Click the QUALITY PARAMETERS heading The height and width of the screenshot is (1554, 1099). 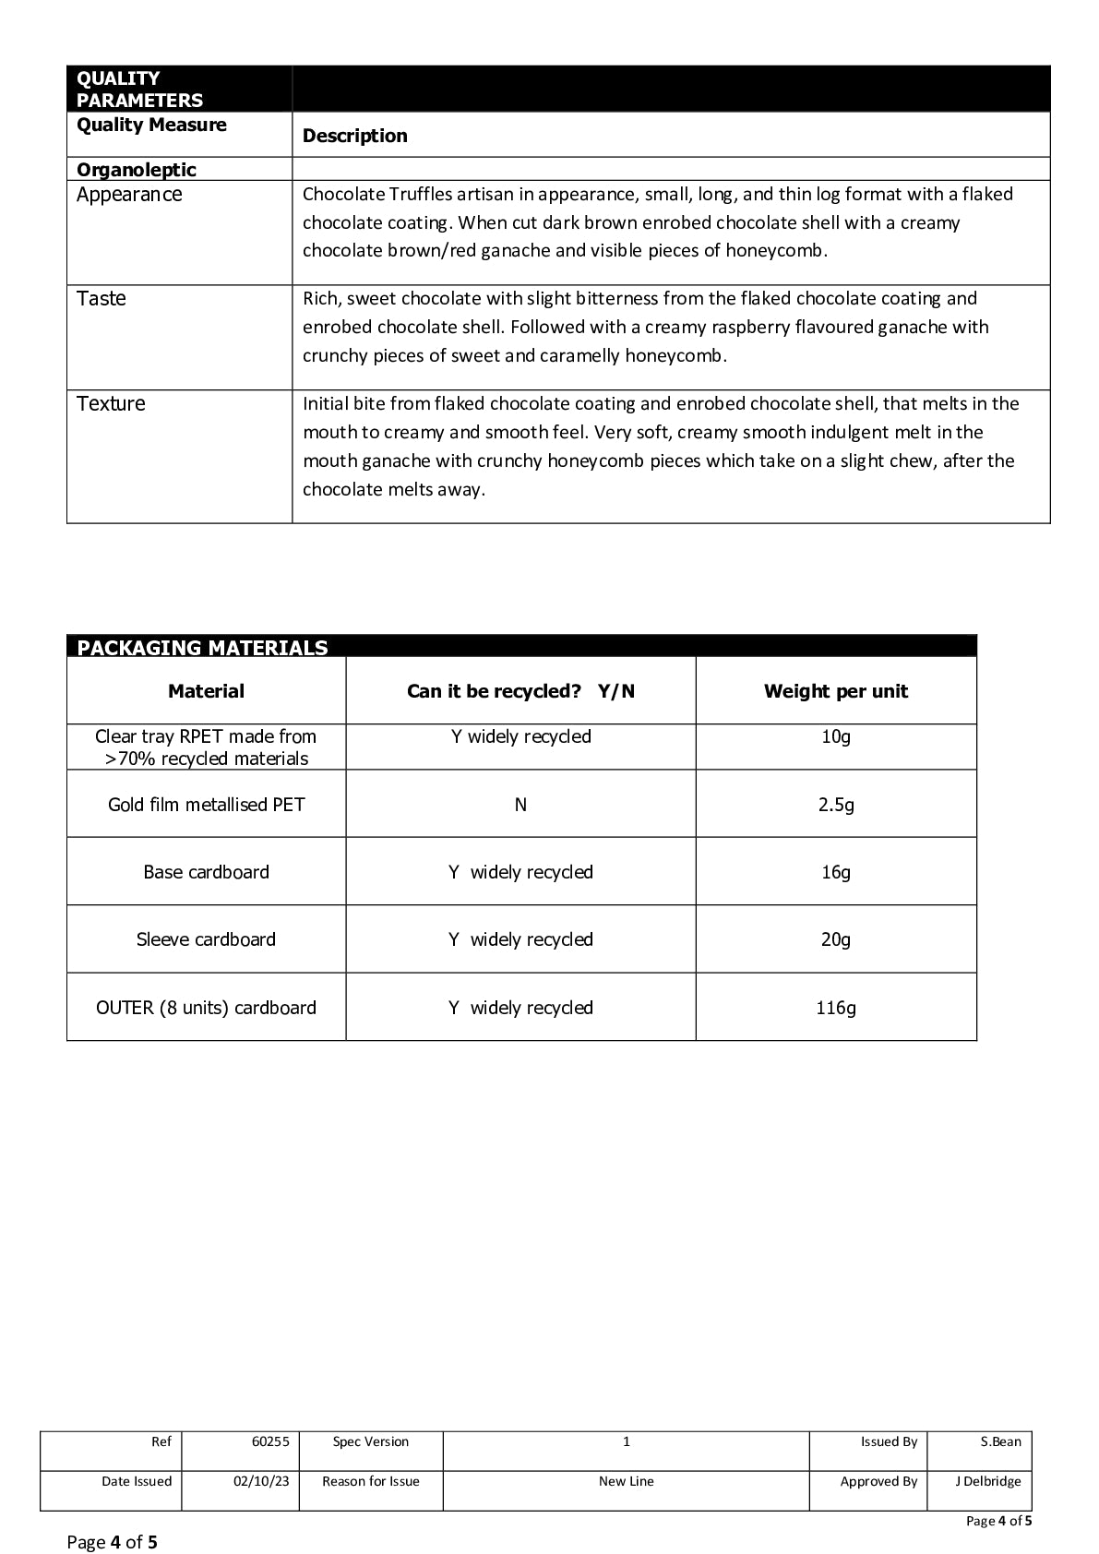tap(139, 90)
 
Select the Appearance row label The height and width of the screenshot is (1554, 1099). tap(129, 195)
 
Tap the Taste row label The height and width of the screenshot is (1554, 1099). tap(102, 299)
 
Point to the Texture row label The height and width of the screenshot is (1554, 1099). tap(111, 404)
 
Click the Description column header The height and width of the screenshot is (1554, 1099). tap(354, 136)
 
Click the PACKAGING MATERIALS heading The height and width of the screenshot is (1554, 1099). tap(202, 648)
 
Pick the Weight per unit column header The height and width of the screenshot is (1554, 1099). tap(835, 691)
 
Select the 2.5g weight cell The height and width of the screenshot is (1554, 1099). tap(835, 805)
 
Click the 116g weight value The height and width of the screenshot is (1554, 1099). tap(835, 1008)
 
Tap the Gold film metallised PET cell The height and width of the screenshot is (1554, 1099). tap(206, 805)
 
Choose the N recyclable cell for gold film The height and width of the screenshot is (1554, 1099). tap(520, 805)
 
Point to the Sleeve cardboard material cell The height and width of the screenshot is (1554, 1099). tap(206, 939)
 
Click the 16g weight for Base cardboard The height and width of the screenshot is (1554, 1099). tap(835, 872)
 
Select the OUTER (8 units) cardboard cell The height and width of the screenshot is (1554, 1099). tap(206, 1008)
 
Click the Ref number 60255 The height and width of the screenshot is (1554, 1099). tap(270, 1441)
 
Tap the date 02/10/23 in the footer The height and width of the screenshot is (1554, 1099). tap(261, 1481)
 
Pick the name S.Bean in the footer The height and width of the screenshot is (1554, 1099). tap(1000, 1441)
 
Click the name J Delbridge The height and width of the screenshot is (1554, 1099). tap(987, 1481)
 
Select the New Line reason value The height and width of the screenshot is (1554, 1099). tap(626, 1481)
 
